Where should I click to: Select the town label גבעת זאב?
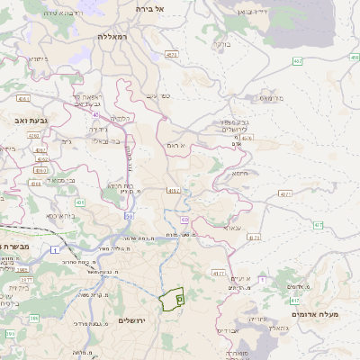20,118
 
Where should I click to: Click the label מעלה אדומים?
314,314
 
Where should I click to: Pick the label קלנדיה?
122,119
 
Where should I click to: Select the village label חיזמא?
239,174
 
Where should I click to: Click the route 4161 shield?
23,99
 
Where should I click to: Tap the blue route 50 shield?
130,216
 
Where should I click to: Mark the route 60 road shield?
184,220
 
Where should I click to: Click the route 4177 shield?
218,272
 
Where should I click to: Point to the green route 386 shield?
34,318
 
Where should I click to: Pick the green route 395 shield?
11,334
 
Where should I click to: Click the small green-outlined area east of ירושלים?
172,297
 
